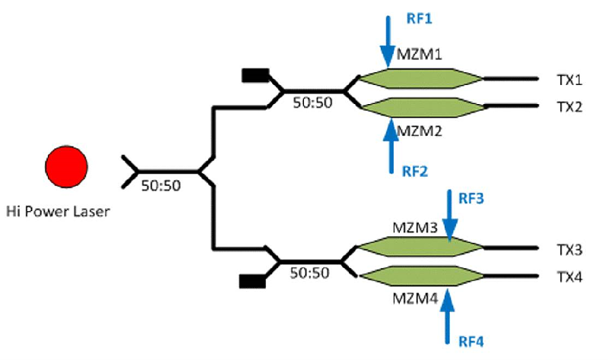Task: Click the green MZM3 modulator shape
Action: [x=420, y=248]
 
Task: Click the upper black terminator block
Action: [x=255, y=74]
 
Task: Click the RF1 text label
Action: [x=405, y=14]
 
